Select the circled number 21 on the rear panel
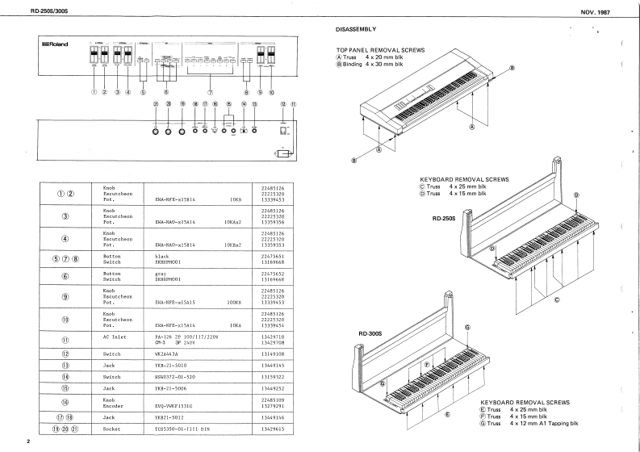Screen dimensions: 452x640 pos(156,105)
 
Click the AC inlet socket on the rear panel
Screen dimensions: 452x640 pos(283,129)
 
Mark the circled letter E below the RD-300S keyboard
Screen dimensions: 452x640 pos(446,413)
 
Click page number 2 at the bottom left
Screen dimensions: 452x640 pos(27,442)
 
